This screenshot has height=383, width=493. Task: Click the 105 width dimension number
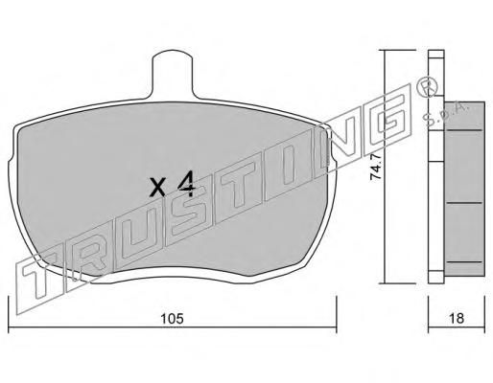coord(173,318)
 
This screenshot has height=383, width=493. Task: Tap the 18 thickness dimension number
coord(457,318)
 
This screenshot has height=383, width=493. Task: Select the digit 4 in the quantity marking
coord(186,184)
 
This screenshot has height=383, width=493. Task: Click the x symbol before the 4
coord(157,188)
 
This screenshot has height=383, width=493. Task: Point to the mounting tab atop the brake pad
coord(173,74)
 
